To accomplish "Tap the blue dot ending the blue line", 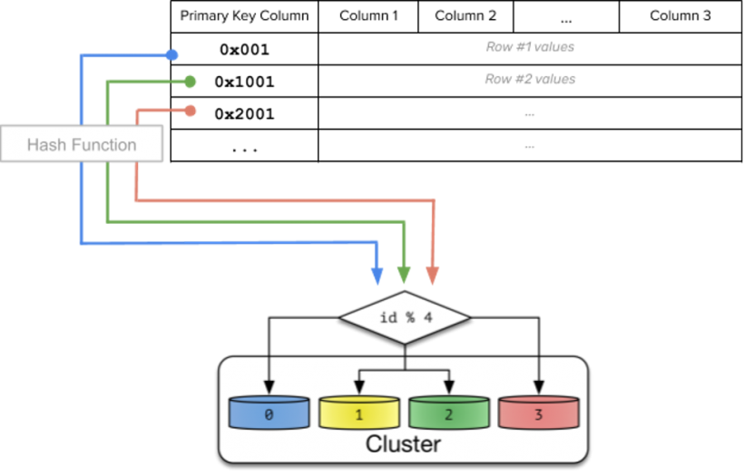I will (171, 55).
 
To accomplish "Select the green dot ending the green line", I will (190, 82).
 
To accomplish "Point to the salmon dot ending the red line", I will (190, 111).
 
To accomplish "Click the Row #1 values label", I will (530, 47).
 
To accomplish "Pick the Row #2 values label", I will (530, 80).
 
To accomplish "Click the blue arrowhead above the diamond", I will (377, 276).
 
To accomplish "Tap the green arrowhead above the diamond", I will (405, 276).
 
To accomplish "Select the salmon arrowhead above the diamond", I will (432, 276).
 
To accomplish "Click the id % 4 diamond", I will (405, 318).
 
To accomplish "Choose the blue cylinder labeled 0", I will (268, 413).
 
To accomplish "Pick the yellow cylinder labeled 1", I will (358, 413).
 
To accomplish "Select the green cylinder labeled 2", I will (448, 413).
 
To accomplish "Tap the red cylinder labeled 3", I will (539, 413).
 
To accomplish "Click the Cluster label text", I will (403, 444).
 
